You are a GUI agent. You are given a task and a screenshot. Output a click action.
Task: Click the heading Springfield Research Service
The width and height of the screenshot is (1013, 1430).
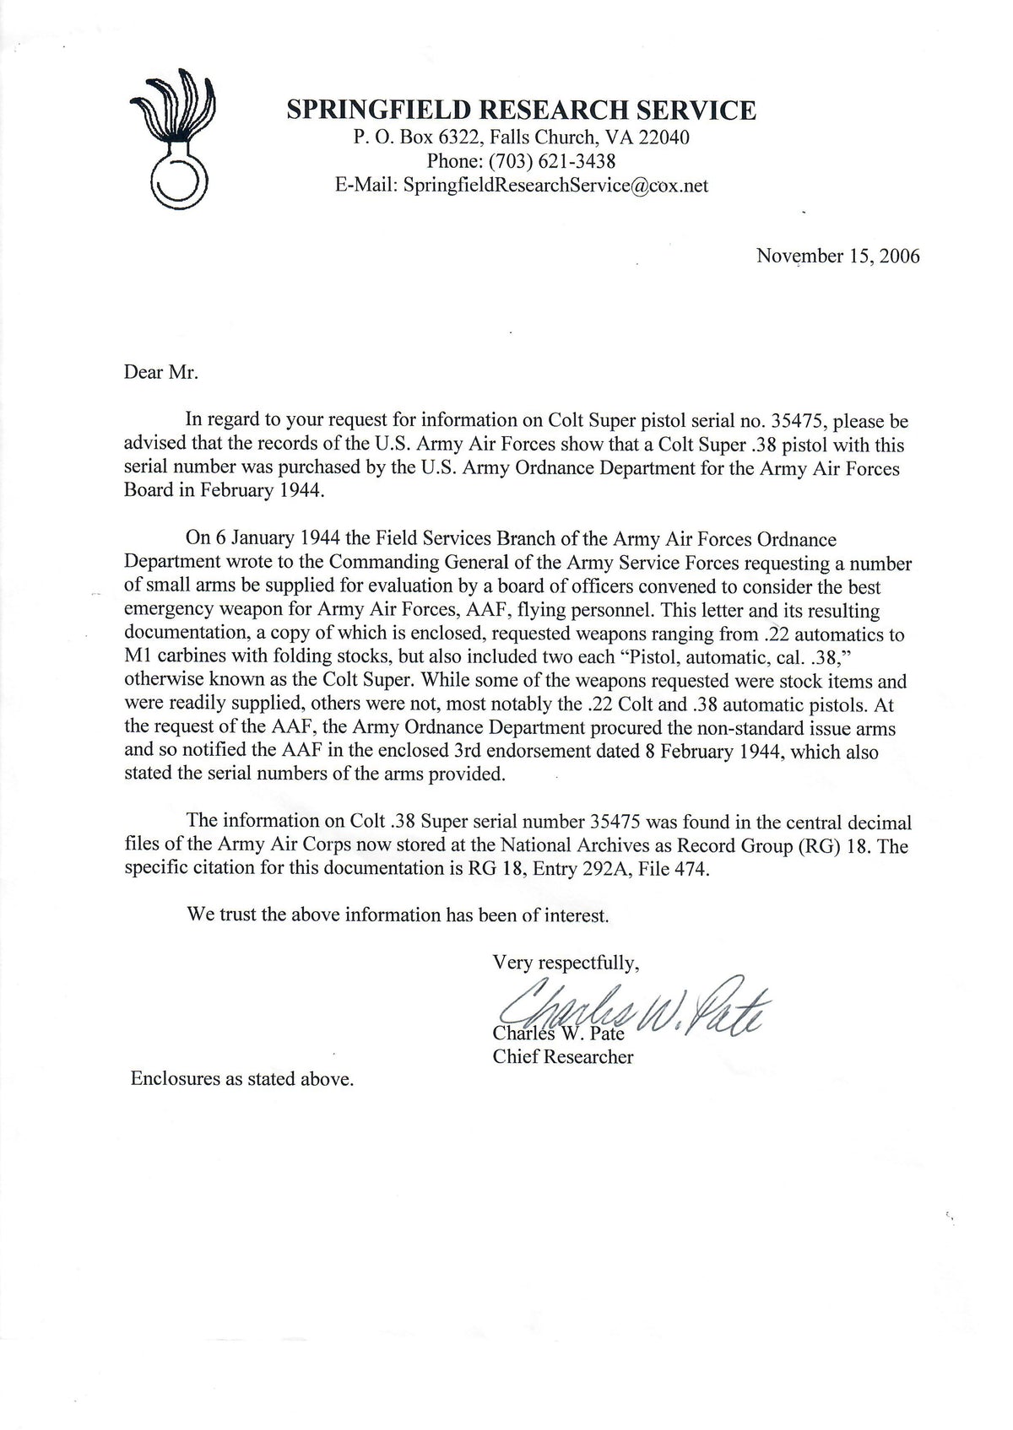[x=521, y=111]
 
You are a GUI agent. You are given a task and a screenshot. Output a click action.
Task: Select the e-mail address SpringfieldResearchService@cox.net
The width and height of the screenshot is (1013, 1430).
[x=555, y=185]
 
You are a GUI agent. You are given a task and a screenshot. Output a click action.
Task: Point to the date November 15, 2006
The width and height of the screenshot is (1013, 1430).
[x=837, y=255]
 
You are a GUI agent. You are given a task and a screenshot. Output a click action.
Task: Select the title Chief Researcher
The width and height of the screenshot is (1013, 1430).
[x=563, y=1056]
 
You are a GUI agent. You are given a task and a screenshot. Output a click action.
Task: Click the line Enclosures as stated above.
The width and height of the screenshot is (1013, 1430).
[x=241, y=1078]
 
